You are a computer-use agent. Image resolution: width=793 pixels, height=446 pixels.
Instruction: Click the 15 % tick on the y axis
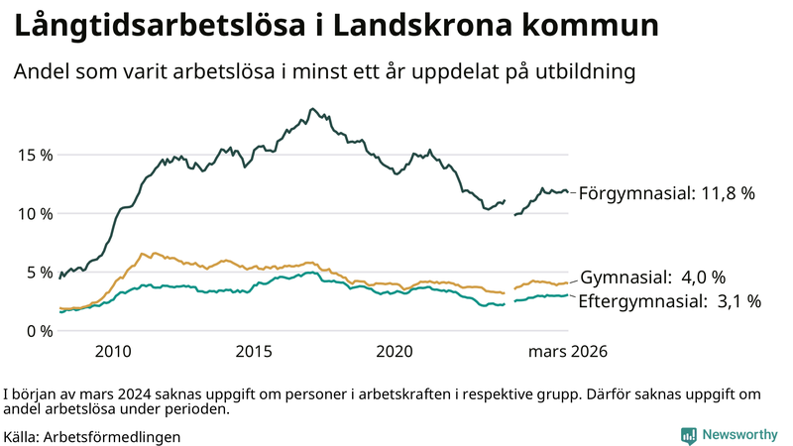point(35,155)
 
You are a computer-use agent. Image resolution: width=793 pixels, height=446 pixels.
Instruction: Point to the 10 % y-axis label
point(35,213)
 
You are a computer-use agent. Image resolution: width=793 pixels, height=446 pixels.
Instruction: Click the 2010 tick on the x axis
point(113,352)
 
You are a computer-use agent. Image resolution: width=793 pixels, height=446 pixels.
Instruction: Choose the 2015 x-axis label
point(255,352)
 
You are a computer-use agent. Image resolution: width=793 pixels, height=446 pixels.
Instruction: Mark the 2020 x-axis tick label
point(396,352)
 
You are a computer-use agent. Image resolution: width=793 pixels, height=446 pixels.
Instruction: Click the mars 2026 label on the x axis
point(567,352)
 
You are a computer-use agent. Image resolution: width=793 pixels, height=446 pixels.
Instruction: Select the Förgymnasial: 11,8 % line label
point(667,193)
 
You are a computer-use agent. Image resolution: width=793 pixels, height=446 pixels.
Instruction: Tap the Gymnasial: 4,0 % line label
point(652,277)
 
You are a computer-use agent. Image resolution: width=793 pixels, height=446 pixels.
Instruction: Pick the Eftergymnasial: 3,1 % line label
point(669,301)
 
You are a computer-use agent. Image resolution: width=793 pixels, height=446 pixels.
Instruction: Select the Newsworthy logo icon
point(688,435)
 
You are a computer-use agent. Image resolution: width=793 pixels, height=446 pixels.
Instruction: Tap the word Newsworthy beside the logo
point(739,435)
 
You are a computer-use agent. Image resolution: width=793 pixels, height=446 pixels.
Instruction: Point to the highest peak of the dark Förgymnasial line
point(312,108)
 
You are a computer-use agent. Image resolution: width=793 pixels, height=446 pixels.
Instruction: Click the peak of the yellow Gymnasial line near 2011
point(142,253)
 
